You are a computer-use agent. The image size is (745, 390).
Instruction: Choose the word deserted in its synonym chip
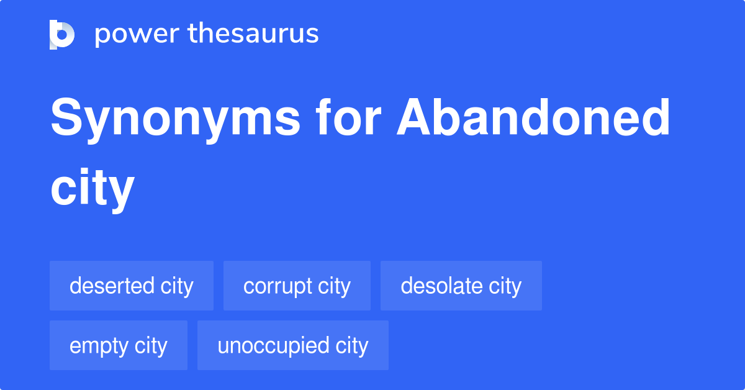point(112,286)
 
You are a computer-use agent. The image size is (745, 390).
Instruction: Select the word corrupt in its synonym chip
point(278,286)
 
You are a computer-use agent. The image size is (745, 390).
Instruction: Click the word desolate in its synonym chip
point(441,286)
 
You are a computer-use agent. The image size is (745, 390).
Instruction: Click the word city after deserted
point(177,286)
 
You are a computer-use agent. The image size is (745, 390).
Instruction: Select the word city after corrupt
point(335,286)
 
